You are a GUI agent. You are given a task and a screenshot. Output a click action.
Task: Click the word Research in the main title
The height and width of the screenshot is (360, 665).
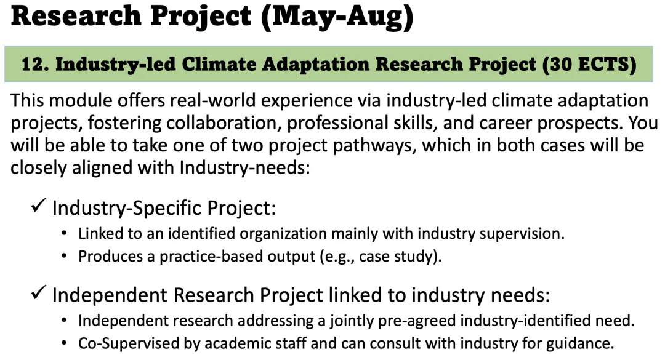[76, 15]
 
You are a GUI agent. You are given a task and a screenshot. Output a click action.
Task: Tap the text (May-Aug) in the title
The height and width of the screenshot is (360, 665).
[337, 17]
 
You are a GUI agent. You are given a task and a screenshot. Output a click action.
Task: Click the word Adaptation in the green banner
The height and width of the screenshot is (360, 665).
[316, 65]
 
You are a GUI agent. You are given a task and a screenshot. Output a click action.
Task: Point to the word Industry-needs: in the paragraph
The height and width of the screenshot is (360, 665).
[244, 168]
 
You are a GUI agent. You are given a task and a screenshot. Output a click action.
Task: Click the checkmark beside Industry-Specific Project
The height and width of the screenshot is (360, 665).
[39, 205]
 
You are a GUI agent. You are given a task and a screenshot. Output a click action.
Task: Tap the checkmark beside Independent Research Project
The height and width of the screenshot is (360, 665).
[39, 292]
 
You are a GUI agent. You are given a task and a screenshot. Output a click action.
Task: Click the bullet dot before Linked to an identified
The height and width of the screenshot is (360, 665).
[64, 234]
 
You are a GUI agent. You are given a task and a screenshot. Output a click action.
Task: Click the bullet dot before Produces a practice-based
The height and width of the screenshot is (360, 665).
[64, 256]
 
